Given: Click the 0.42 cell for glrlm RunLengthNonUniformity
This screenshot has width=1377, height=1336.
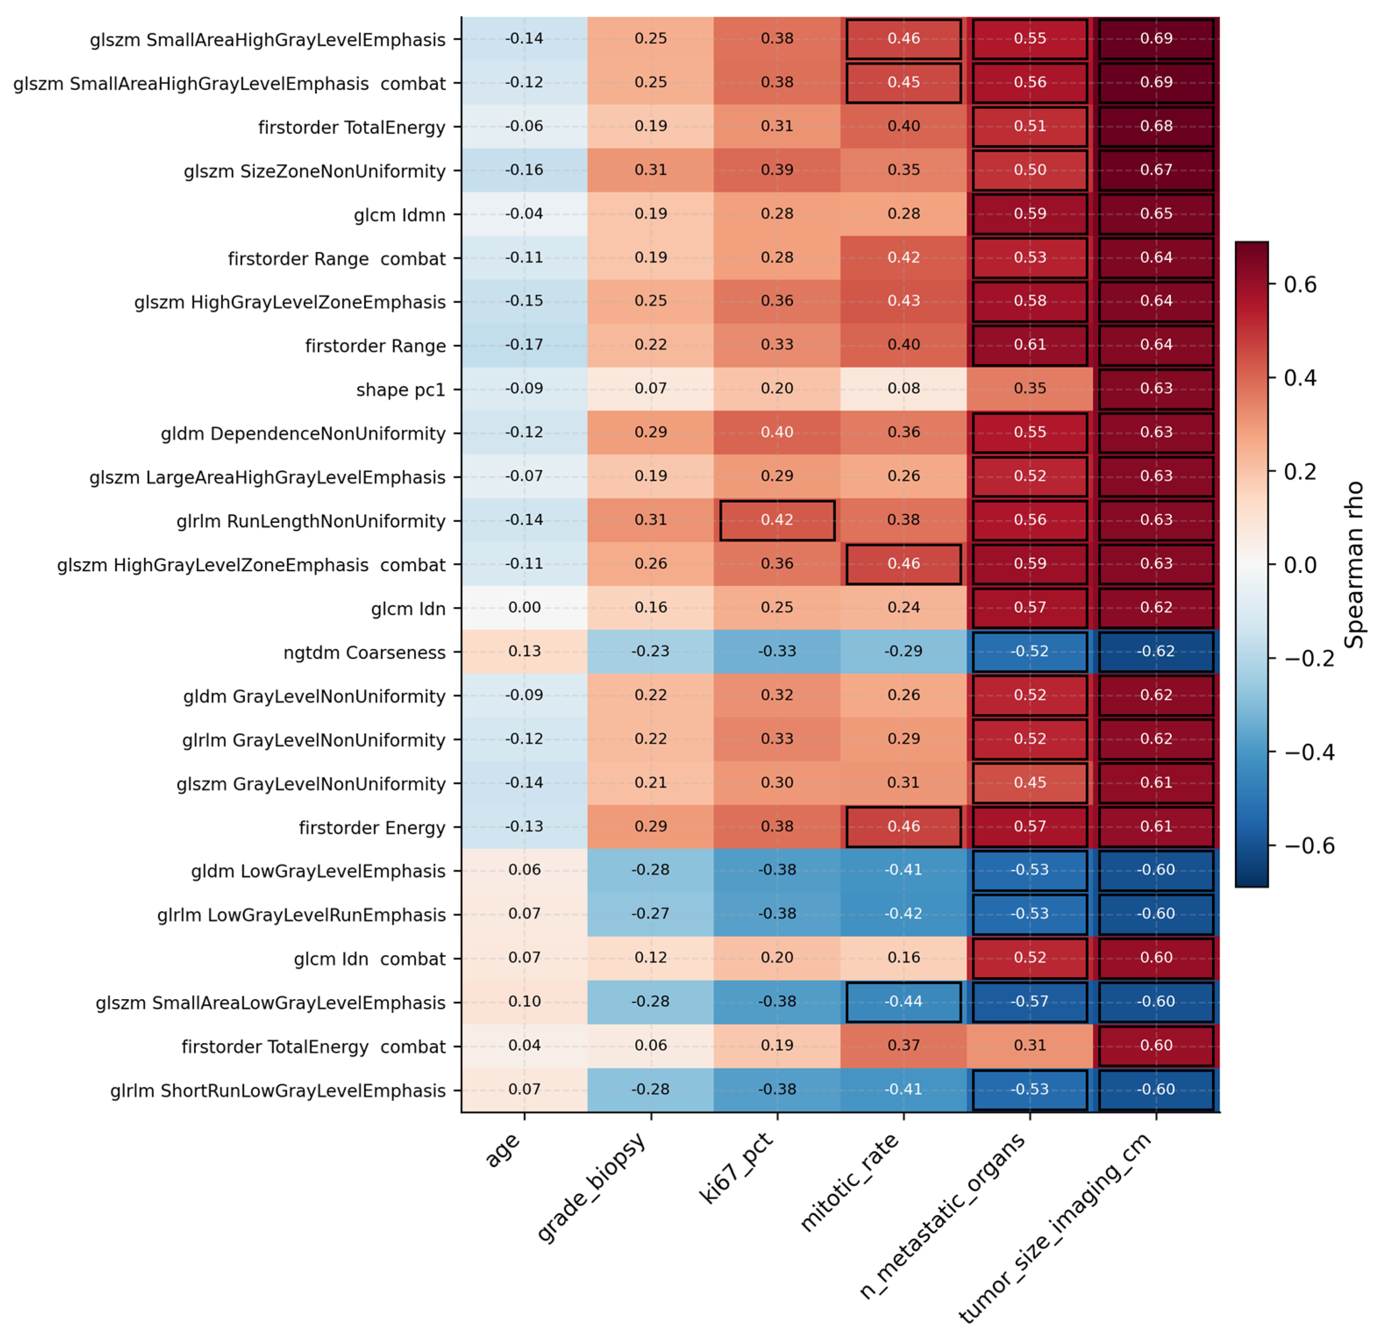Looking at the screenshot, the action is [x=777, y=520].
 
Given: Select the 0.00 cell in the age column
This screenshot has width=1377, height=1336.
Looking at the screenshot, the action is [x=524, y=608].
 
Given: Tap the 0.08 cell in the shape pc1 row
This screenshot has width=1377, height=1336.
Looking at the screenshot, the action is [x=904, y=389].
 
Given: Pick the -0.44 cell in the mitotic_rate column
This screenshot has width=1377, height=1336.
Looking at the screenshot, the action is [x=904, y=1001].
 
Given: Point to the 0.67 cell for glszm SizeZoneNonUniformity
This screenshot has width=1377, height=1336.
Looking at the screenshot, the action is [x=1156, y=170].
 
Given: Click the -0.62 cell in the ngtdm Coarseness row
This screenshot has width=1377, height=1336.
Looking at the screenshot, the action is [x=1156, y=651].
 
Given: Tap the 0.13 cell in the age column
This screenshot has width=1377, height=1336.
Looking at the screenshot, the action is [x=524, y=651].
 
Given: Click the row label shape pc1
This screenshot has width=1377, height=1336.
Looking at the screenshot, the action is [x=400, y=390].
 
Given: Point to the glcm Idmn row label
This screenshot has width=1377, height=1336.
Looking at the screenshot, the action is [x=399, y=215].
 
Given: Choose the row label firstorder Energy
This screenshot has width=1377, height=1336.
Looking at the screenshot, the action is [x=372, y=828].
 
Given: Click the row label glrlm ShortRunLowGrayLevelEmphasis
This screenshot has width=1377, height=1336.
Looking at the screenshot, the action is [x=278, y=1091].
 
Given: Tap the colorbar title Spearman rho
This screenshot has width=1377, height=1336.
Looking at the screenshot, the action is [x=1353, y=564].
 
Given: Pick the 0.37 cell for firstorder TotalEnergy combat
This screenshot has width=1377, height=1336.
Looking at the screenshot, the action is [x=904, y=1045].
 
